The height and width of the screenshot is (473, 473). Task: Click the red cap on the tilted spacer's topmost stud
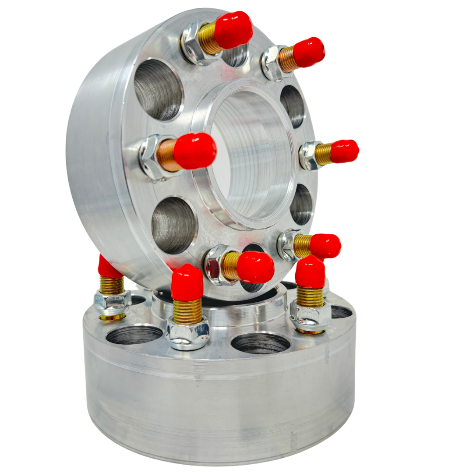click(x=233, y=30)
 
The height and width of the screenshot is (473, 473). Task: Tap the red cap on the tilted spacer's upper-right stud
click(x=309, y=52)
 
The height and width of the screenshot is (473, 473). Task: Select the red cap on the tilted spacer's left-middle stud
click(x=195, y=151)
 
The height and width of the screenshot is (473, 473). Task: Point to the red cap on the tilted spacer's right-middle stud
click(x=345, y=151)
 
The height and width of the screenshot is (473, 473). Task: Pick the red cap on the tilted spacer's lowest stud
click(x=255, y=267)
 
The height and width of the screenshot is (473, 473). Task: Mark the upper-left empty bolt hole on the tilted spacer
click(x=158, y=89)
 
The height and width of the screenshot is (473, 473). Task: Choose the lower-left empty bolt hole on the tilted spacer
click(x=174, y=225)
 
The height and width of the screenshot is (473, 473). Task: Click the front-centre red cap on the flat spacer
click(x=187, y=282)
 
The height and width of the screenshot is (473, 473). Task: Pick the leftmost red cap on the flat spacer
click(x=107, y=268)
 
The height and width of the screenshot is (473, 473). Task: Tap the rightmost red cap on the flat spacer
click(x=310, y=272)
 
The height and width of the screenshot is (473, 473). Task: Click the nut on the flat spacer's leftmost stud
click(x=112, y=302)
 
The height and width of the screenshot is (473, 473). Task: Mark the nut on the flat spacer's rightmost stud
click(x=310, y=316)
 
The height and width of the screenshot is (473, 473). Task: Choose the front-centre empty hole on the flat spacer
click(x=261, y=343)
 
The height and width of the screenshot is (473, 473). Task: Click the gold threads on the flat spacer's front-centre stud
click(x=187, y=311)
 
